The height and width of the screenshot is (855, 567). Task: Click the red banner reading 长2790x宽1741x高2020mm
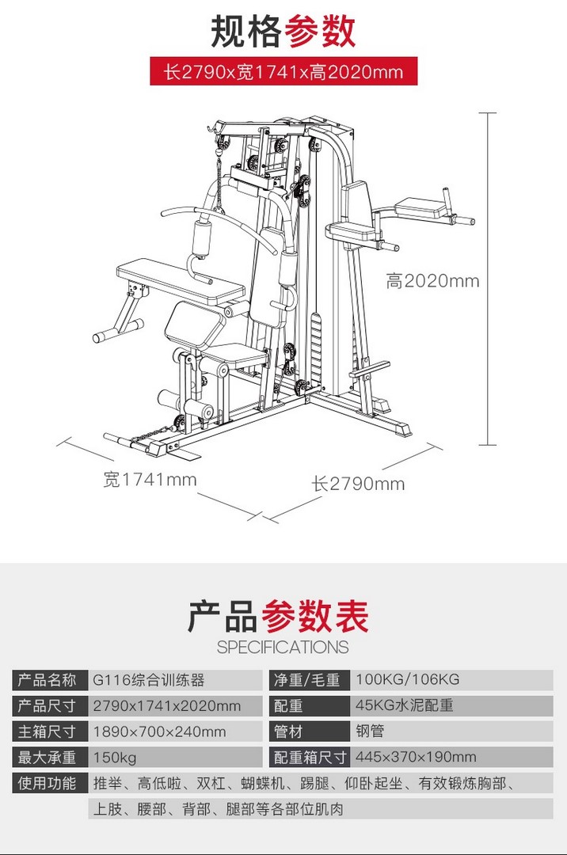coord(283,71)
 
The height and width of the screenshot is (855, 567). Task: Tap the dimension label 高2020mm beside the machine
coord(433,281)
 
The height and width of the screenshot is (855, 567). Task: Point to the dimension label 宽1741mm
coord(150,479)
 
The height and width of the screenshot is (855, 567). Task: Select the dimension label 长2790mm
coord(358,484)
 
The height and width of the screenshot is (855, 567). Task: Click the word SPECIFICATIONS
coord(283,648)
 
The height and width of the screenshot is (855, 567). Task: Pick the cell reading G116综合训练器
coord(148,680)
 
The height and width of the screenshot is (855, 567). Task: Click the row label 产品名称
coord(47,680)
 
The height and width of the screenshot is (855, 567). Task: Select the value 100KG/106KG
coord(408,679)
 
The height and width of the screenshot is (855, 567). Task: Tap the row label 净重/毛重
coord(307,680)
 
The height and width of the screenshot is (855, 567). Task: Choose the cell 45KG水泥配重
coord(405,705)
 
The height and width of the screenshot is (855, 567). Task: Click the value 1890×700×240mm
coord(159,731)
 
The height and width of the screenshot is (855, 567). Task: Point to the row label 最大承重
coord(47,758)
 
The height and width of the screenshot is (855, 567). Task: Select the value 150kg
coord(115,758)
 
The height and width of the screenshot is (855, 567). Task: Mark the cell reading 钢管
coord(370,731)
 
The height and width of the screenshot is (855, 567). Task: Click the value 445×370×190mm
coord(416,757)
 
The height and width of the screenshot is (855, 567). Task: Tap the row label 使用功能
coord(47,783)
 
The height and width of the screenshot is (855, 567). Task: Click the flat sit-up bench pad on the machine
coord(181,281)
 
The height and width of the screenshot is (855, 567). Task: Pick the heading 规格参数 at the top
coord(283,31)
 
